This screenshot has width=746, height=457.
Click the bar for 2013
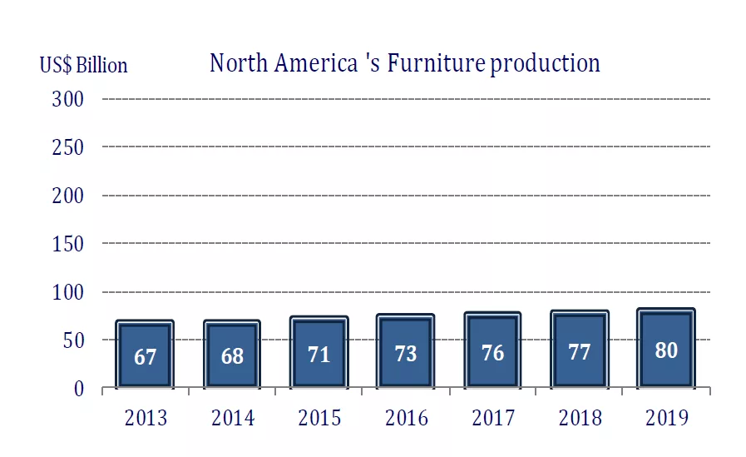click(x=146, y=354)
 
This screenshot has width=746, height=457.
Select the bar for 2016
click(x=405, y=350)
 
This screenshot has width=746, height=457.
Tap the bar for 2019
click(x=665, y=348)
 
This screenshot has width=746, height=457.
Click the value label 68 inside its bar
click(x=232, y=356)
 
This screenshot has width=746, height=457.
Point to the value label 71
click(x=319, y=354)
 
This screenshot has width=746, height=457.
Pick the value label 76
click(x=492, y=353)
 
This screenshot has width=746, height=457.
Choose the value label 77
click(x=579, y=352)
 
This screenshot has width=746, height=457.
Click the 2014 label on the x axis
click(x=233, y=417)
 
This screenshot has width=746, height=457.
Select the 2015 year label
click(x=319, y=417)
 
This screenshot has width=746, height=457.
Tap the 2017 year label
click(x=493, y=417)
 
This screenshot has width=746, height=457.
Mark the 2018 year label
click(x=580, y=417)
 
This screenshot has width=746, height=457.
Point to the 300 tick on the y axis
click(x=68, y=99)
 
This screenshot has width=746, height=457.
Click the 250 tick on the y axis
click(x=68, y=147)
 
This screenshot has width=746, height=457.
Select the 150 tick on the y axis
click(x=68, y=244)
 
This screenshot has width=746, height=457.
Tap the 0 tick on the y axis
click(x=79, y=389)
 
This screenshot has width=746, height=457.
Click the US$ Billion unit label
click(x=83, y=65)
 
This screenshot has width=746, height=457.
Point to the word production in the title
click(x=545, y=64)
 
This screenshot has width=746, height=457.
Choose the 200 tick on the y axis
click(x=68, y=196)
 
